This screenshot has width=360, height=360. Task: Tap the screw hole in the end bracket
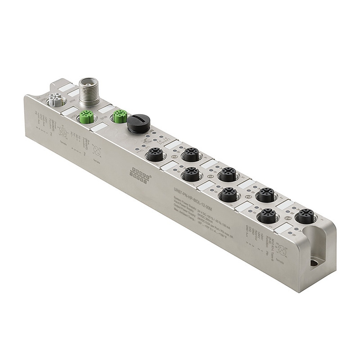tap(313, 263)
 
